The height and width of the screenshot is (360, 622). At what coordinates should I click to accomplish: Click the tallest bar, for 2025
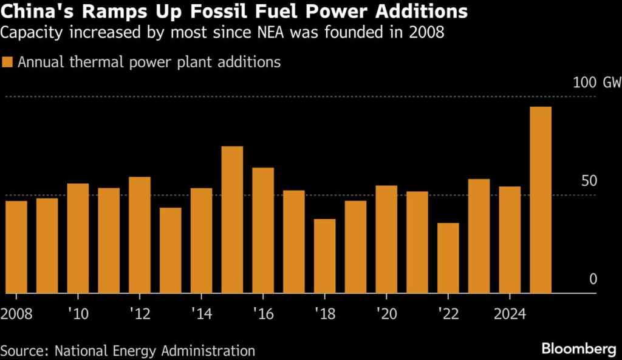[541, 200]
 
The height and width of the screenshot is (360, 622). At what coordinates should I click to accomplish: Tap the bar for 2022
[448, 258]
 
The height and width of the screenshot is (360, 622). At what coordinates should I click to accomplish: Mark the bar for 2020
[386, 239]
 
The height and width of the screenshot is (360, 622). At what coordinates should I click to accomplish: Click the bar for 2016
[263, 230]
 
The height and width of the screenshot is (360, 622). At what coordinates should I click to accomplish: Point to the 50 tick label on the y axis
[589, 182]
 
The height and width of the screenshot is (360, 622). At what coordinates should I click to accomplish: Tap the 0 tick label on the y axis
[593, 279]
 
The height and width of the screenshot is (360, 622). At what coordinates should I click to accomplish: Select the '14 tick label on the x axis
[202, 315]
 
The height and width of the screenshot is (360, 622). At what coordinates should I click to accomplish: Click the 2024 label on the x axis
[510, 315]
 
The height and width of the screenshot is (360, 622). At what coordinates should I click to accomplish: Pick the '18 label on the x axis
[325, 315]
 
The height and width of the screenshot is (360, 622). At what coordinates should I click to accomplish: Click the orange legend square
[7, 62]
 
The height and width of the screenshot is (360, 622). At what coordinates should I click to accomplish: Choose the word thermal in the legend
[89, 62]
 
